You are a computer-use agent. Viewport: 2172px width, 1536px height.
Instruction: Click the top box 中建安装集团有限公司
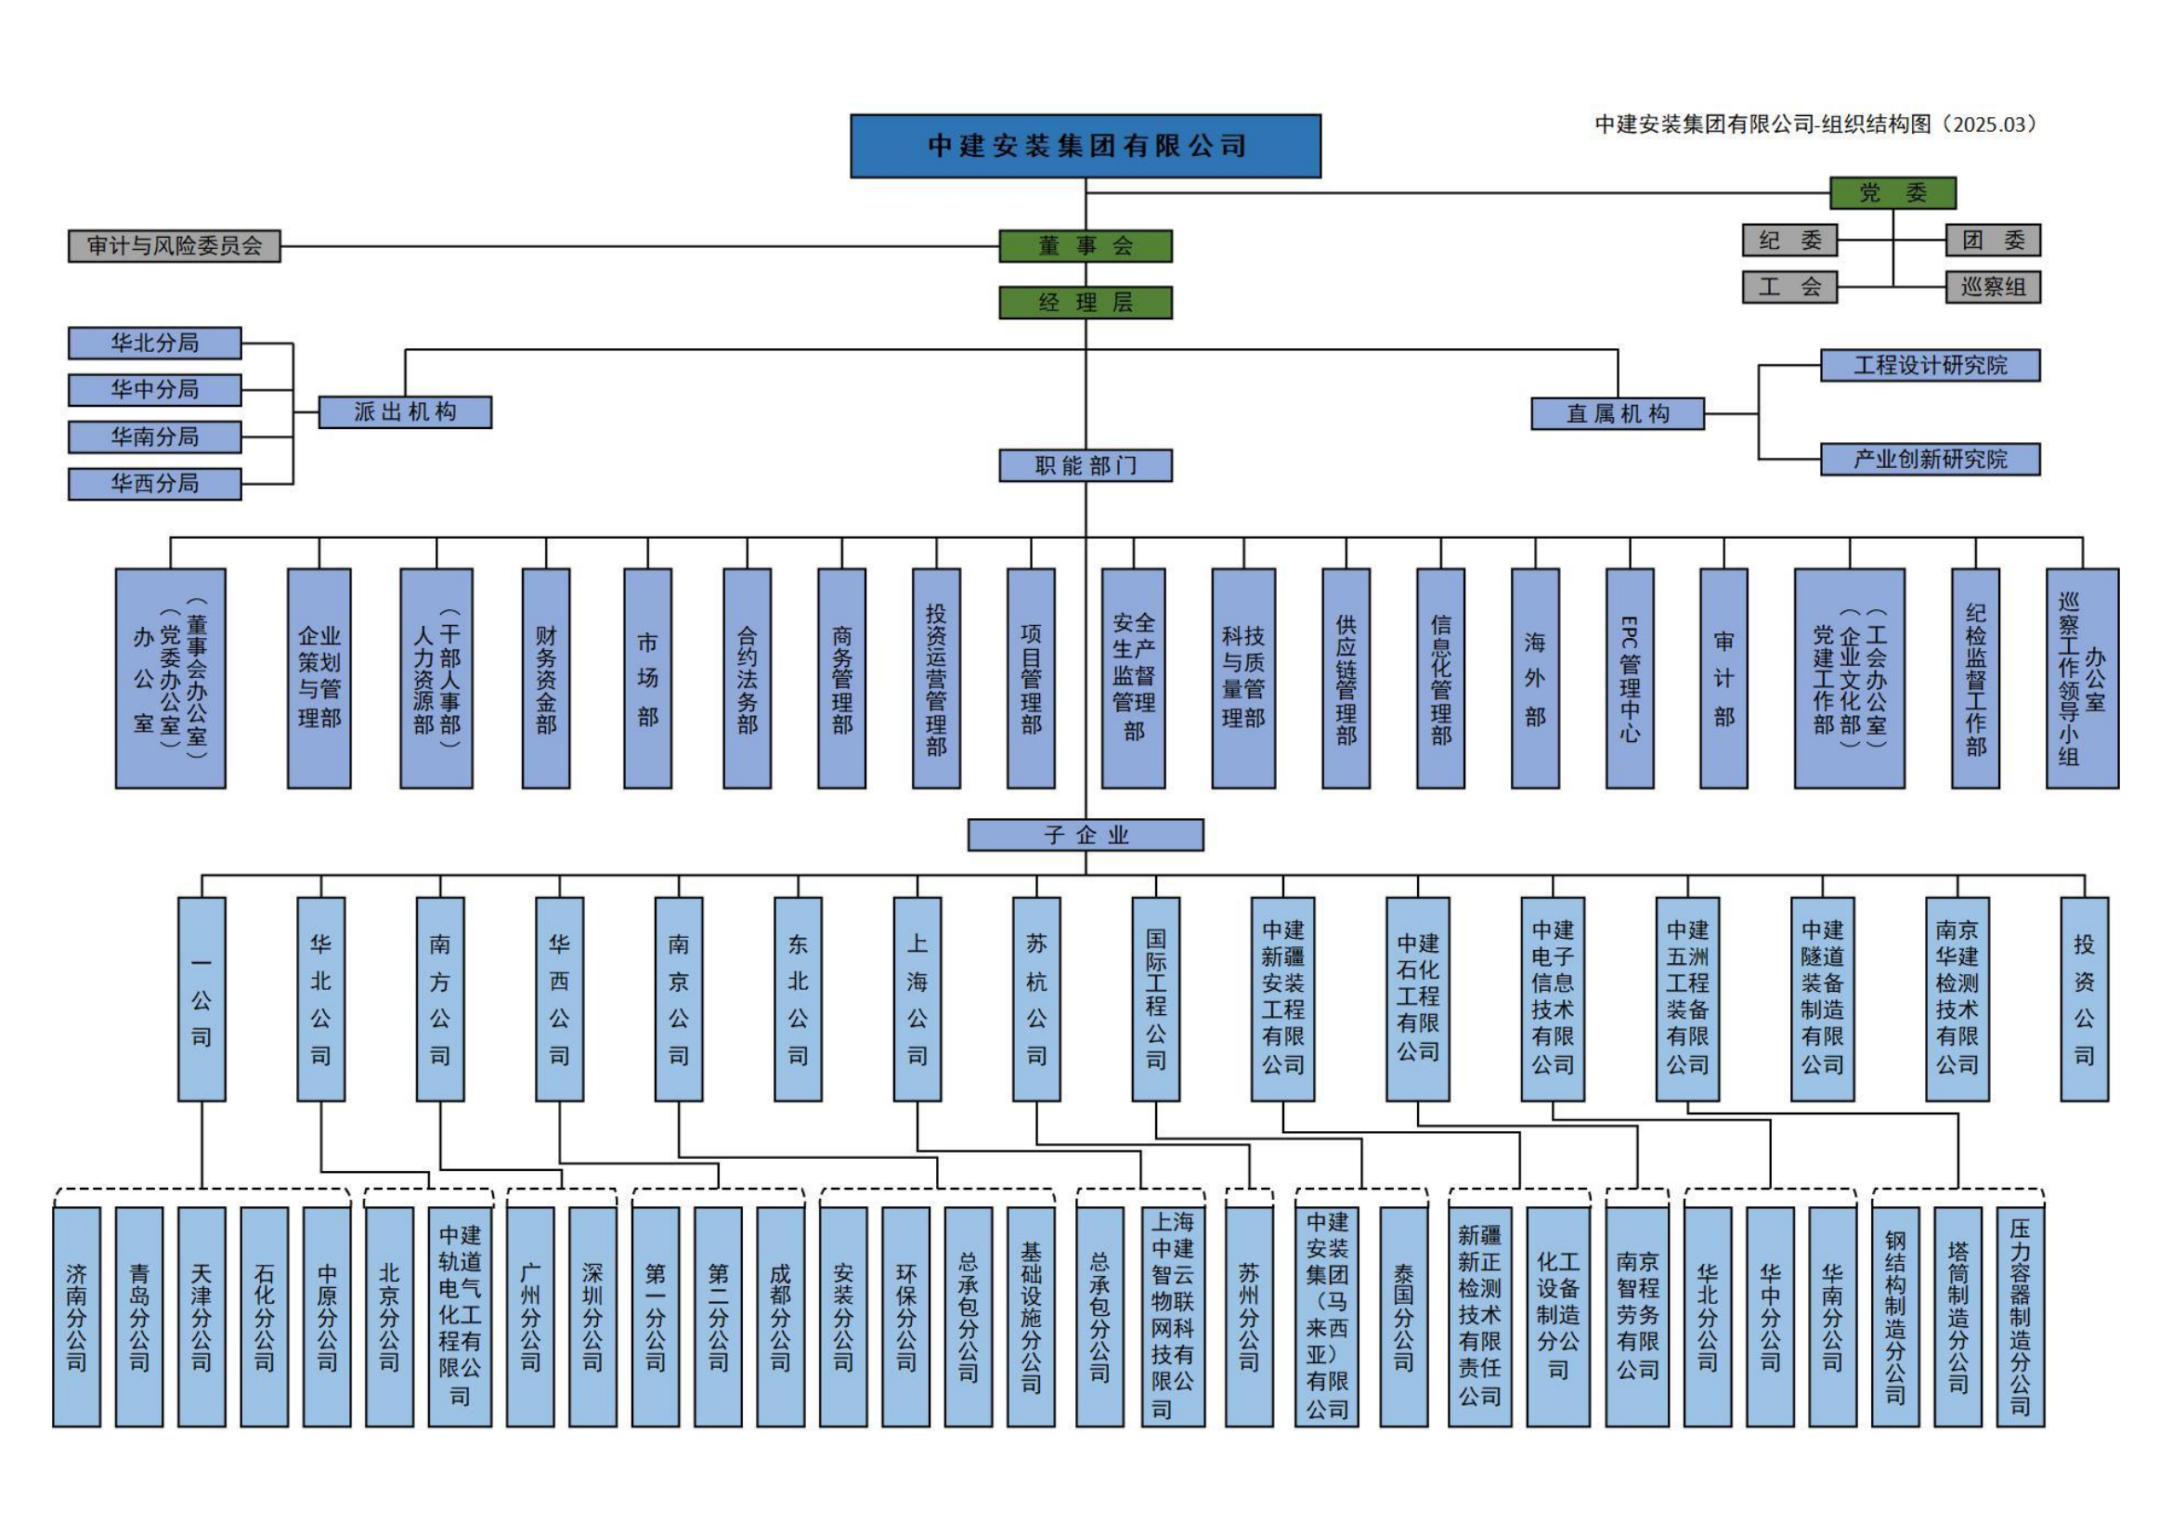coord(1085,146)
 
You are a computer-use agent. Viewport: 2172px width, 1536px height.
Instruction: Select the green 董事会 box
coord(1085,246)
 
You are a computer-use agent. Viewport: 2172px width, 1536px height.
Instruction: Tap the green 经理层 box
coord(1085,303)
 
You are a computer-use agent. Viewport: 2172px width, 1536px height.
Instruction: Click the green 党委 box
coord(1892,193)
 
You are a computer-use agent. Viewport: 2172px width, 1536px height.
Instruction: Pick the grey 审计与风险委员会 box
coord(174,246)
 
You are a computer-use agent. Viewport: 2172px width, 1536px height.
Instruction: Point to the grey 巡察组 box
coord(1992,287)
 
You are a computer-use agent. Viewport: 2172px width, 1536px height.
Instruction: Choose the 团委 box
coord(1992,241)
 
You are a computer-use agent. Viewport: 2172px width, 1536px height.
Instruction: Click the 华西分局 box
coord(154,483)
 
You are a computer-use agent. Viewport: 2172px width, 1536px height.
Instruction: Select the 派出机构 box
coord(405,412)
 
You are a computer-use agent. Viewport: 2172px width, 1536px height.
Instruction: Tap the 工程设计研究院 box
coord(1930,365)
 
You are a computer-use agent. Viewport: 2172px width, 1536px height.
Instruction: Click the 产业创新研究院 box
coord(1930,460)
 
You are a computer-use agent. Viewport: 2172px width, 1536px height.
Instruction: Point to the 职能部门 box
coord(1085,465)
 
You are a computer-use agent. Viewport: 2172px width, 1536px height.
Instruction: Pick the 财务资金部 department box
coord(546,678)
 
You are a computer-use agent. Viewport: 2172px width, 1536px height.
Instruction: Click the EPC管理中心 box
coord(1629,678)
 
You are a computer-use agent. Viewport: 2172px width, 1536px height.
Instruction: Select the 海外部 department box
coord(1534,678)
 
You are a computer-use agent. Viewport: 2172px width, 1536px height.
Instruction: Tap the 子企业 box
coord(1085,835)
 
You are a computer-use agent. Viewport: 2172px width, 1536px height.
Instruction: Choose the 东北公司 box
coord(798,999)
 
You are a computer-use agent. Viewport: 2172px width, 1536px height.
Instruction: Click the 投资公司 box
coord(2084,999)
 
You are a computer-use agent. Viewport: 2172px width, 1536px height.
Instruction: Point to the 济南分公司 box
coord(77,1317)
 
